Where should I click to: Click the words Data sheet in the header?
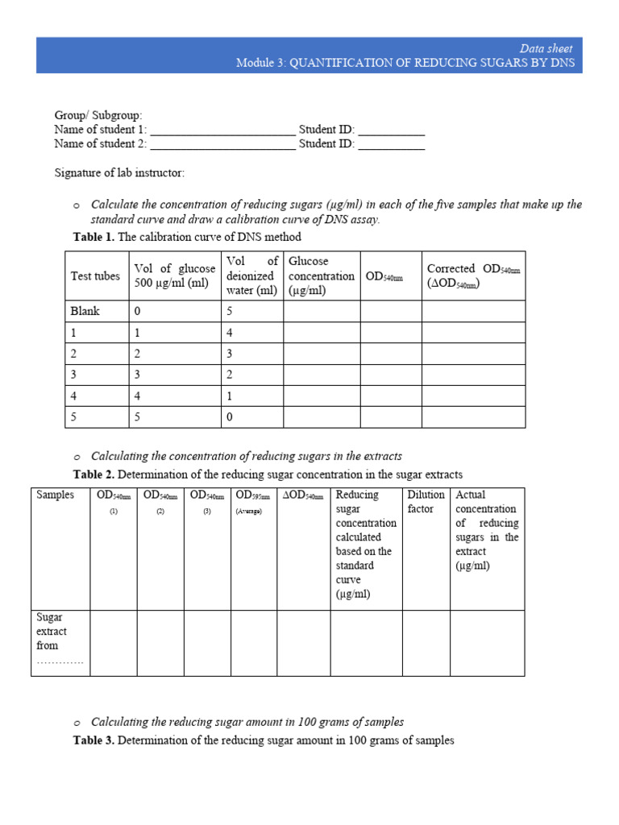pos(546,48)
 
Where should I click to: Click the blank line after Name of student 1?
pos(222,130)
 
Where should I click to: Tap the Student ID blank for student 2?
pos(391,144)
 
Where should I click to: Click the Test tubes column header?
pos(95,276)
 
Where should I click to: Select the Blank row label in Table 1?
pos(85,311)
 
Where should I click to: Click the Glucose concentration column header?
pos(321,276)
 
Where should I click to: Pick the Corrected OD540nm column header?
pos(474,276)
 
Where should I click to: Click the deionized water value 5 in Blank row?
pos(231,311)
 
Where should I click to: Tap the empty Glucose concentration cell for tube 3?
pos(321,374)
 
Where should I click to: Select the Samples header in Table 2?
pos(55,495)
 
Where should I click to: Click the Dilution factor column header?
pos(426,502)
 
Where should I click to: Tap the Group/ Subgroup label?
pos(98,115)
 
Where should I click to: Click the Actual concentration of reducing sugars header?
pos(487,530)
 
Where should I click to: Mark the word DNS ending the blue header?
pos(563,63)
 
